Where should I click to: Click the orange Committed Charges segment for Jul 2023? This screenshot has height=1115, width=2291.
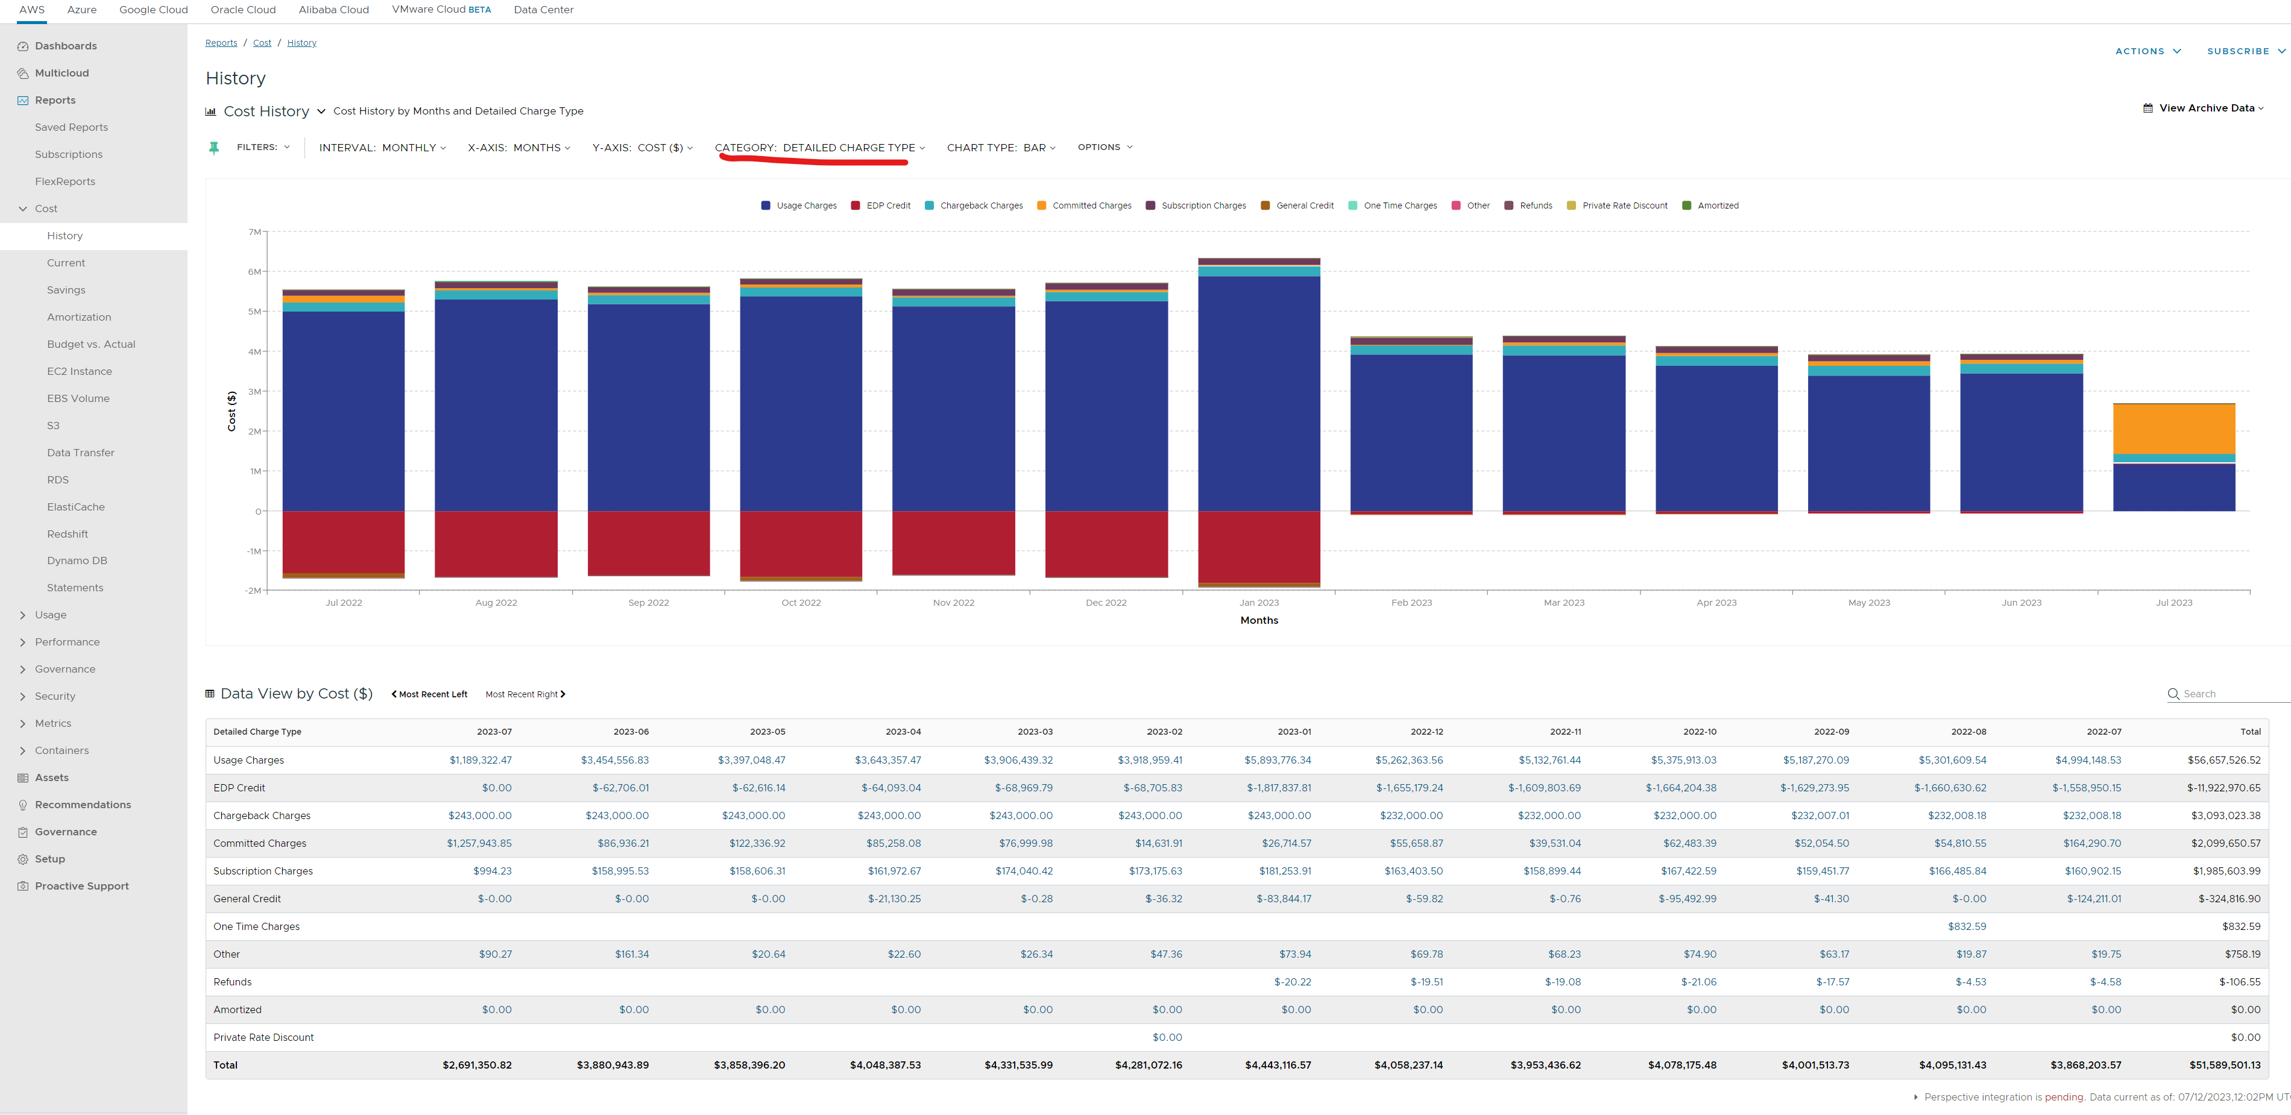point(2173,429)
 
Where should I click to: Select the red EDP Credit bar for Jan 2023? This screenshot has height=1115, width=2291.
point(1258,547)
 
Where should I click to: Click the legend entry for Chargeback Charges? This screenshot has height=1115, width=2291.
point(981,206)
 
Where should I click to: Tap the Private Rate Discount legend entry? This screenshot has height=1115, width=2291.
point(1624,206)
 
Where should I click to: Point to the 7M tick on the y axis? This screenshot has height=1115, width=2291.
point(254,232)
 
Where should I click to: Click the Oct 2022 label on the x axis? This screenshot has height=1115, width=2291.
point(801,603)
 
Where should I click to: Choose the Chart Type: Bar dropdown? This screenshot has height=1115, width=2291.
point(1001,148)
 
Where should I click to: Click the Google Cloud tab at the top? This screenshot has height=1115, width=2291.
point(153,10)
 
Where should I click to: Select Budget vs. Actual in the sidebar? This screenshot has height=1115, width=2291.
point(90,344)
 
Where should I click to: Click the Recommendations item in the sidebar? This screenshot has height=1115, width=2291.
point(83,805)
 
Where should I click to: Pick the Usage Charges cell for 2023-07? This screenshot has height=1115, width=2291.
point(481,760)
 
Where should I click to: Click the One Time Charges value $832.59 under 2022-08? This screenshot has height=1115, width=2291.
point(1967,926)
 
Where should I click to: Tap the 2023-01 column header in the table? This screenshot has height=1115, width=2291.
point(1294,732)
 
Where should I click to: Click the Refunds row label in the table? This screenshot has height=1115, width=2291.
point(232,982)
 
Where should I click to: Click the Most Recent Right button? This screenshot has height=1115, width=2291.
point(525,694)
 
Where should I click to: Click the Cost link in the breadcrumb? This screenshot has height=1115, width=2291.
point(262,43)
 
